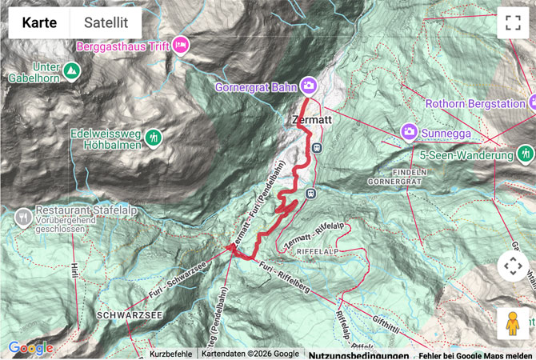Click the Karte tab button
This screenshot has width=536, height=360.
[39, 23]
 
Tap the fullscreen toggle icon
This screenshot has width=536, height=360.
[513, 23]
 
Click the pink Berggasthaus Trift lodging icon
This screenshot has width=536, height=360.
[181, 46]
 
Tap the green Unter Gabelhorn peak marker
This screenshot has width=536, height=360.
[71, 71]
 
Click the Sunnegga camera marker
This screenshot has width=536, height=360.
[409, 131]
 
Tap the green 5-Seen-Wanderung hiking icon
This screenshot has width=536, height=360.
[526, 153]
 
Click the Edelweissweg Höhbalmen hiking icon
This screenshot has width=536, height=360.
[153, 138]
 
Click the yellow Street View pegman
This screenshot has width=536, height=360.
[513, 323]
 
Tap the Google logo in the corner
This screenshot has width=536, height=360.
[30, 348]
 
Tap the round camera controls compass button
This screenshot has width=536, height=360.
[513, 266]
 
